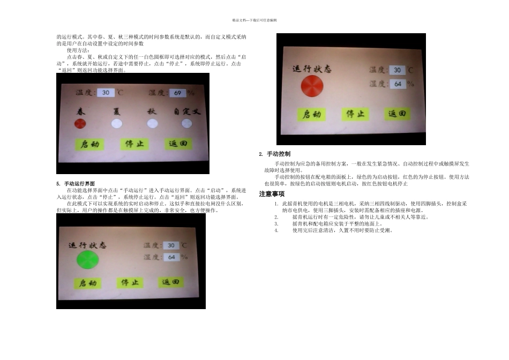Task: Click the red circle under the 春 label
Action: coord(80,124)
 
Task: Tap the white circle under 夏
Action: coord(117,124)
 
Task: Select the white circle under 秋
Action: coord(152,124)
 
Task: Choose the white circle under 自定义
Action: coord(186,124)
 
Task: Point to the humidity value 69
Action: coord(177,93)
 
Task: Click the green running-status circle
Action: coord(88,260)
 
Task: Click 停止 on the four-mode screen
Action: coord(136,144)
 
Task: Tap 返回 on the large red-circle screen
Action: coord(397,114)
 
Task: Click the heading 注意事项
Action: coord(272,193)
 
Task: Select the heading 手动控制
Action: coord(278,154)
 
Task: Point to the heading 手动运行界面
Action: coord(79,184)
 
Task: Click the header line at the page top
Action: coord(254,20)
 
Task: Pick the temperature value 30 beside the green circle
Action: coord(171,245)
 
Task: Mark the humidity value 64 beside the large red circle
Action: coord(397,84)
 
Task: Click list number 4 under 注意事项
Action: coord(276,230)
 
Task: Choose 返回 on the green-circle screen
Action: coord(170,282)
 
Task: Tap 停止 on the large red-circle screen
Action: coord(355,114)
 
